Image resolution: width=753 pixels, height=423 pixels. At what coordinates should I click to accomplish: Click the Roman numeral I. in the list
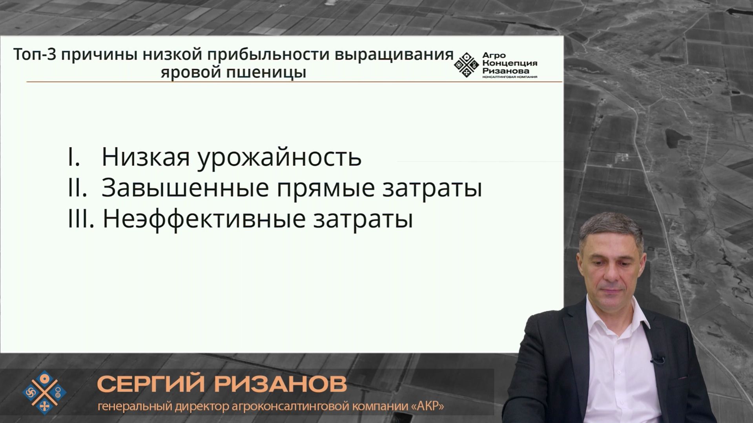click(74, 157)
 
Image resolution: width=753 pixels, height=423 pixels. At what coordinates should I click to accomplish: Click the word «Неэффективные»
click(204, 218)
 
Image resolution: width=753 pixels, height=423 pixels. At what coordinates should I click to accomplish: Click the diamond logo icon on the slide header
click(466, 65)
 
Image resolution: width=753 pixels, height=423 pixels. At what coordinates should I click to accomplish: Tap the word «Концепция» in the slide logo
click(509, 63)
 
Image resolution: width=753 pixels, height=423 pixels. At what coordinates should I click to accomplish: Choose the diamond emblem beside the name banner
click(44, 392)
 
